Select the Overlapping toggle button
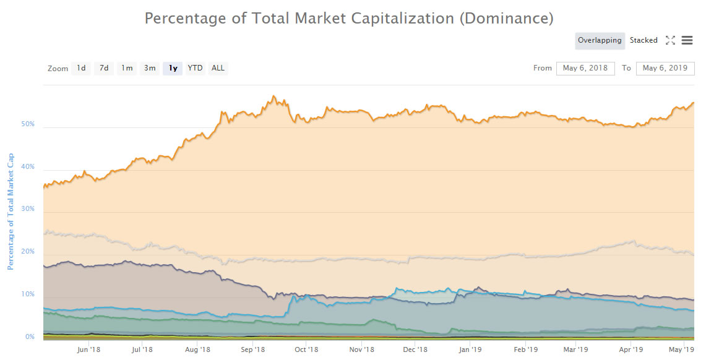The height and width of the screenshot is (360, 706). pos(600,41)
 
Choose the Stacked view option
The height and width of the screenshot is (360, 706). pos(644,41)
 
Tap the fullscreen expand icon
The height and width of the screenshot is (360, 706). pos(670,41)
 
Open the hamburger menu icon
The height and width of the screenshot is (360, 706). pos(687,41)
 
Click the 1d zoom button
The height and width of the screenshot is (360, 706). pos(81,68)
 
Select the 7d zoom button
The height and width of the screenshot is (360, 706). pos(104,68)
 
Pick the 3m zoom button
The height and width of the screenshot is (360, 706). pos(150,68)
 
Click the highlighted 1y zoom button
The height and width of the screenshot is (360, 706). pos(173,68)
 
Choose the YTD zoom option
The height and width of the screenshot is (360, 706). pos(195,68)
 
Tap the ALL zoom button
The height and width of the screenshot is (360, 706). pos(218,68)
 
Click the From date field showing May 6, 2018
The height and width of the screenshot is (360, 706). pos(585,68)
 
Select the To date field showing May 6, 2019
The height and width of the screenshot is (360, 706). pos(665,68)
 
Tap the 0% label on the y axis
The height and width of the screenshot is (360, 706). pos(30,337)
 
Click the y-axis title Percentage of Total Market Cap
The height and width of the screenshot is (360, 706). pos(11,210)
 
